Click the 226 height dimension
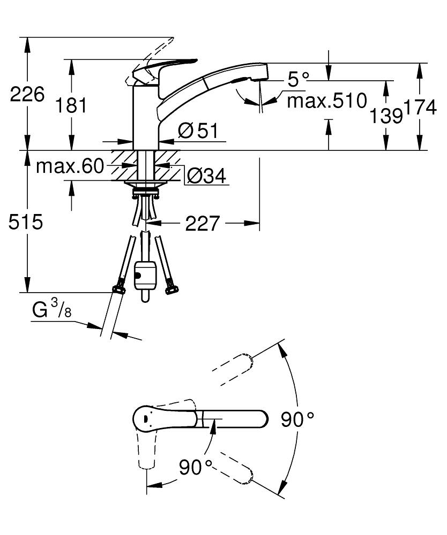(27, 94)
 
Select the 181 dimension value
(71, 105)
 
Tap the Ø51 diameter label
(198, 131)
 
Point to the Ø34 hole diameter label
(206, 176)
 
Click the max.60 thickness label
(70, 166)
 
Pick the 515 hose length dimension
(26, 222)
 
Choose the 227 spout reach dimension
(202, 224)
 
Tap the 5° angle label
(298, 80)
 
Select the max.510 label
(327, 101)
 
